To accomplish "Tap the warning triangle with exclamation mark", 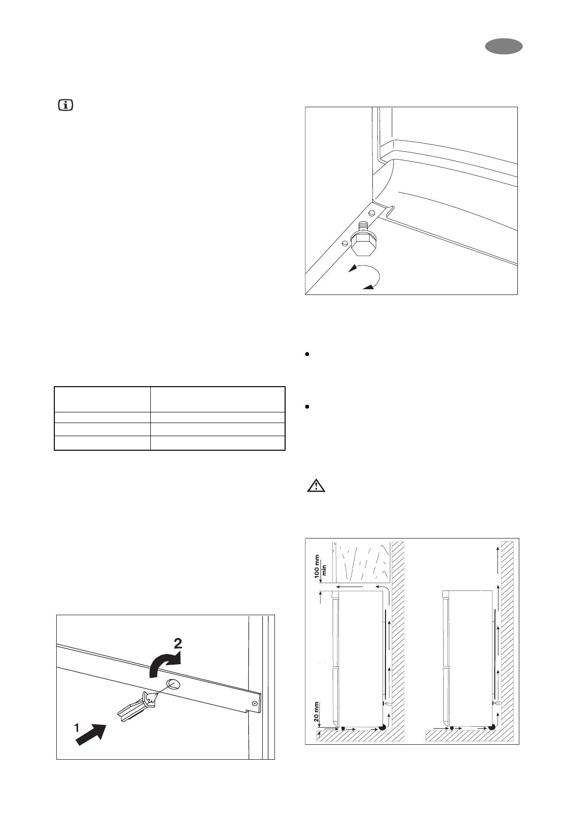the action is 316,486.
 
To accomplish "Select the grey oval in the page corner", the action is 503,47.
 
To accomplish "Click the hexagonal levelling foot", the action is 361,244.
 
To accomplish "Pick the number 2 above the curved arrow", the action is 178,644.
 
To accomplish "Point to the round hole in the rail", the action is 172,685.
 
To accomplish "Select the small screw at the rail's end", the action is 255,703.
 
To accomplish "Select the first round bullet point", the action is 307,355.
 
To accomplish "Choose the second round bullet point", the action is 307,408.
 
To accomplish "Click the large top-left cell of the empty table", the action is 102,399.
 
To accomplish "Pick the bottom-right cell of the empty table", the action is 217,443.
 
